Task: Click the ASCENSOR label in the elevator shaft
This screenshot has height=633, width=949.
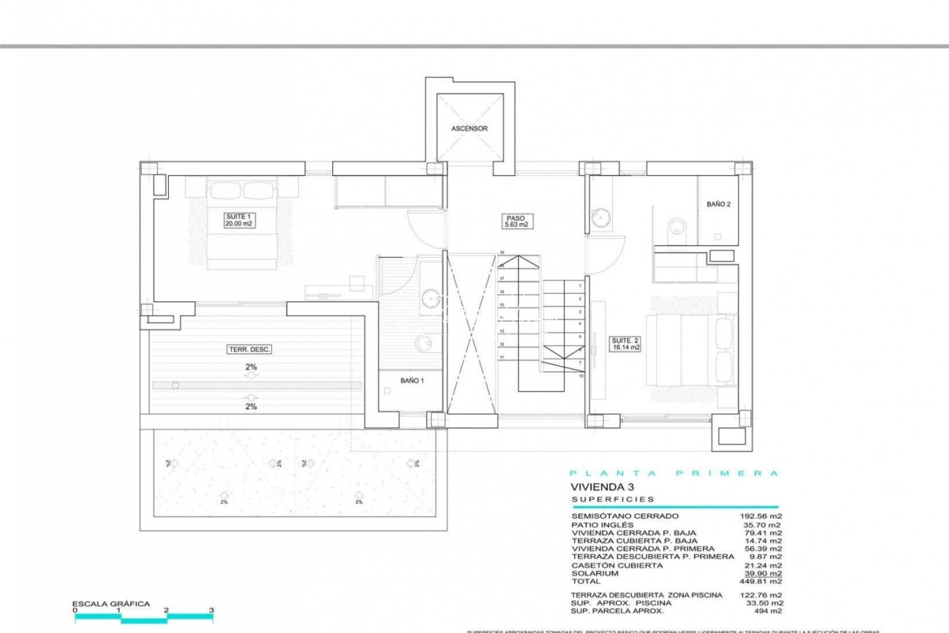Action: click(469, 128)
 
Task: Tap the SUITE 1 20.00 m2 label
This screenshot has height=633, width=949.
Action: click(239, 220)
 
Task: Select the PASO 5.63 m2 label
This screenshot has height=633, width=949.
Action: click(516, 222)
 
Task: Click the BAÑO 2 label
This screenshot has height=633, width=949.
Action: click(718, 205)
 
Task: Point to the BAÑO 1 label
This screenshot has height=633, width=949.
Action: click(412, 381)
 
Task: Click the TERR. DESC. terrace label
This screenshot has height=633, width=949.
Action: click(250, 350)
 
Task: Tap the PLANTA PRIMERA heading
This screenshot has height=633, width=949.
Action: click(674, 474)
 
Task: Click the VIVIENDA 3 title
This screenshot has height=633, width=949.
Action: click(594, 486)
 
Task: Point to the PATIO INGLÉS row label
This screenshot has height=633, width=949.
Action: click(602, 525)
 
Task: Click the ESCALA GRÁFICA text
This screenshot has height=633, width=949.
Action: click(111, 604)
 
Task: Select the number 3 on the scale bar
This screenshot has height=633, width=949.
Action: click(211, 610)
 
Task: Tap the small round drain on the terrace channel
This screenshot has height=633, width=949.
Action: click(174, 386)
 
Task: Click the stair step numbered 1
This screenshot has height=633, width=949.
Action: click(580, 286)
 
